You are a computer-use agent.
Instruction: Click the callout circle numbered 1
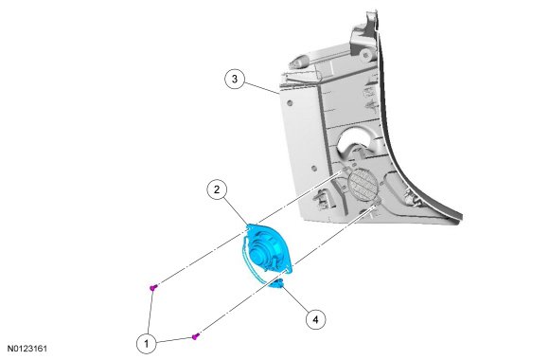coord(147,343)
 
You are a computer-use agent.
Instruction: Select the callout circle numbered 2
coord(217,189)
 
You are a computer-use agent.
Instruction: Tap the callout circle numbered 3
coord(235,79)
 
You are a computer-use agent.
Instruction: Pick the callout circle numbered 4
coord(315,319)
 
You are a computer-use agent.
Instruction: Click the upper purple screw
coord(153,287)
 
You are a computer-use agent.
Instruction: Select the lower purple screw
coord(196,336)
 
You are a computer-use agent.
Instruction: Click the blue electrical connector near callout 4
coord(276,283)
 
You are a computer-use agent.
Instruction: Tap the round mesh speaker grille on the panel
coord(363,185)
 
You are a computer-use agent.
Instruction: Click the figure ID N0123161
coord(27,349)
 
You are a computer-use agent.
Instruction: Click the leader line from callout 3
coord(261,88)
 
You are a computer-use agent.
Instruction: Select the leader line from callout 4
coord(296,299)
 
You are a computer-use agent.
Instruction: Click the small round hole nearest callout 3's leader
coord(290,103)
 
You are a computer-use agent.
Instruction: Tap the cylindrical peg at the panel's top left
coord(297,63)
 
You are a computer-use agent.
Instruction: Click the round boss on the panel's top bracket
coord(366,55)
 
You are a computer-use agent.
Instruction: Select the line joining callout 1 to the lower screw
coord(174,340)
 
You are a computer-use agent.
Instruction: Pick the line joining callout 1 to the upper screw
coord(151,312)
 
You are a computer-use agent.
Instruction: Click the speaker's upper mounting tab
coord(251,227)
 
